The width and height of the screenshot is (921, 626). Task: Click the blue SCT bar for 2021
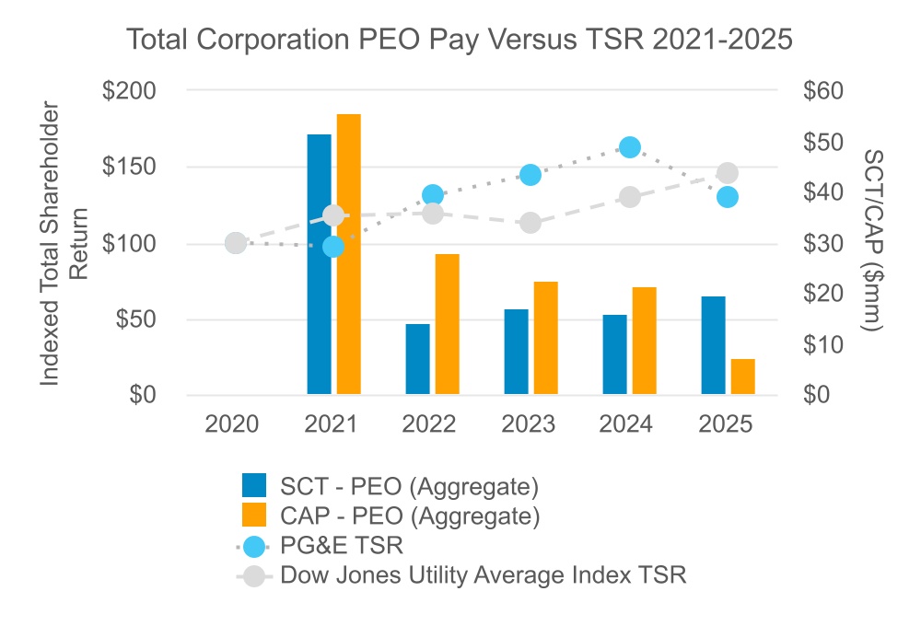coord(319,264)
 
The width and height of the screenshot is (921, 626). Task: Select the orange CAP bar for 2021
coord(348,254)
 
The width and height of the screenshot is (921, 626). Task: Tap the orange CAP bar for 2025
coord(742,377)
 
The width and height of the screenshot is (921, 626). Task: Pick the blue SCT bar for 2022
coord(417,359)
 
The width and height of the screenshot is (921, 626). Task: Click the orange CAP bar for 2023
coord(545,338)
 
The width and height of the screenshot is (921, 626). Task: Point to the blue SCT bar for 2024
coord(615,354)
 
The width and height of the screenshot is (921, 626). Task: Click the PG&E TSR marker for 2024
coord(630,147)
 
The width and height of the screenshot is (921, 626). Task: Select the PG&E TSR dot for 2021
coord(333,247)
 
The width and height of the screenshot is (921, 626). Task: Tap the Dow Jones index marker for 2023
coord(530,223)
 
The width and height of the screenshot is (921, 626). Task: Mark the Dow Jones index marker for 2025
coord(728,173)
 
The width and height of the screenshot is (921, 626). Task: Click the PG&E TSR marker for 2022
coord(433,195)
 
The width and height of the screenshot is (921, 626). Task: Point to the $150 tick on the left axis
coord(129,167)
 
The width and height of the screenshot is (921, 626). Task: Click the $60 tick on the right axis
coord(823,90)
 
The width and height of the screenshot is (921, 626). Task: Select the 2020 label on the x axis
coord(231,424)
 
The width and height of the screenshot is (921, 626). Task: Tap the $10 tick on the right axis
coord(823,344)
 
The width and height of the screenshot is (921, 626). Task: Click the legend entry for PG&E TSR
coord(321,546)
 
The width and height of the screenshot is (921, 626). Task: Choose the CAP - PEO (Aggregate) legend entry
coord(391,516)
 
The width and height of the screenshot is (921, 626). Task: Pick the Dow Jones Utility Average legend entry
coord(461,575)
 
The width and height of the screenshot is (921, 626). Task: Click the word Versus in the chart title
coord(532,40)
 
